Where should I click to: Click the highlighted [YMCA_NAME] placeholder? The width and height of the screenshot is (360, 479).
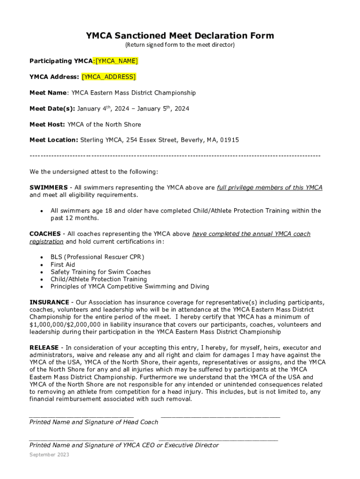[116, 61]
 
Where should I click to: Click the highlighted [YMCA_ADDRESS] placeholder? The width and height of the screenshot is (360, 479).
[108, 77]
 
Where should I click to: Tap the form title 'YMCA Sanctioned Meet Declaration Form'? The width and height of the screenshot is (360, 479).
[180, 36]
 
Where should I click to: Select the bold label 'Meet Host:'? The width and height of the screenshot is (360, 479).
[47, 124]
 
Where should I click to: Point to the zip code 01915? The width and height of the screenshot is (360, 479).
[230, 140]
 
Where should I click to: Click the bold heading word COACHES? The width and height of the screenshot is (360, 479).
[45, 234]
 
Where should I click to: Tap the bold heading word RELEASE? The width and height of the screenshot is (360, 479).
[44, 348]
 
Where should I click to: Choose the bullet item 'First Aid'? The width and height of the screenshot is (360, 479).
[63, 264]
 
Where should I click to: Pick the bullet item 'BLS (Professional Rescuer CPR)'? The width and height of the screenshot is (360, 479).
[97, 257]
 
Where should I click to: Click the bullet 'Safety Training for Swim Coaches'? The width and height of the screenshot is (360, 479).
[101, 272]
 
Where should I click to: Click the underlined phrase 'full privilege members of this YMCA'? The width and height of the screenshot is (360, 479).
[269, 188]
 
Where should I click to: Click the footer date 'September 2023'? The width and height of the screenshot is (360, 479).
[49, 455]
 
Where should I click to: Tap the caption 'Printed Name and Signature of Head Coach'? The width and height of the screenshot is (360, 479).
[94, 422]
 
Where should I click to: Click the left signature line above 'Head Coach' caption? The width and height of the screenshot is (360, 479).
[81, 415]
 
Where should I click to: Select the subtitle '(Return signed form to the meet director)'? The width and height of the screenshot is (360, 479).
[180, 45]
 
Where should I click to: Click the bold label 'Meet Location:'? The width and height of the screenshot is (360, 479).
[54, 140]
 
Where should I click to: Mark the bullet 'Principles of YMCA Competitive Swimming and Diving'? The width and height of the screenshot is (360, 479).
[130, 287]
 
